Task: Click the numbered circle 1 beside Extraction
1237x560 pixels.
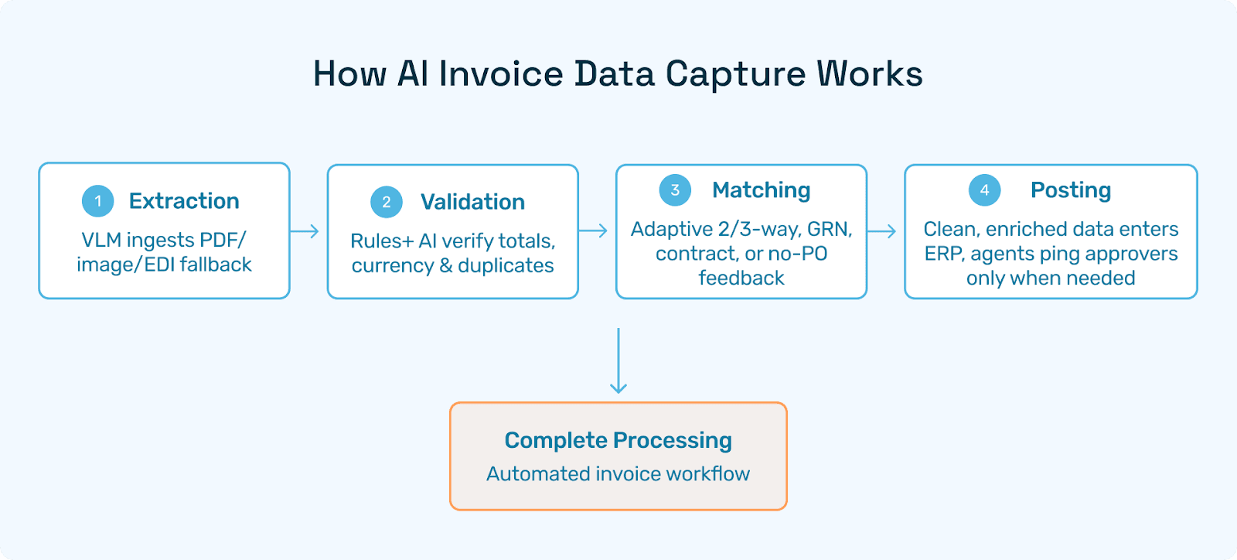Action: pos(98,201)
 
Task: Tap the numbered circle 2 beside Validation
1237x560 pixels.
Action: pos(387,203)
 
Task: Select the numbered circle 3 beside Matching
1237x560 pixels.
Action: pos(675,190)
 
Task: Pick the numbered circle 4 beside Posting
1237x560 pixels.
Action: pos(984,190)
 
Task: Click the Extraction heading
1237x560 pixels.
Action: pos(184,201)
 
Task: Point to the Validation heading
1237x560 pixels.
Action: pos(472,203)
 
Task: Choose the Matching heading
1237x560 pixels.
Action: pos(762,190)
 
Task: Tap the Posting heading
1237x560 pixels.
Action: pos(1071,190)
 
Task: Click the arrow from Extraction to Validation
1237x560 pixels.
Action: pos(305,231)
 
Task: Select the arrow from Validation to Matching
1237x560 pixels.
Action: pos(593,230)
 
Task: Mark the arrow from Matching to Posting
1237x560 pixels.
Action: pos(881,230)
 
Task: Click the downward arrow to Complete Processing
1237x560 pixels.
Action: pos(618,360)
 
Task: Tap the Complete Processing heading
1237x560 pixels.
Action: pos(618,440)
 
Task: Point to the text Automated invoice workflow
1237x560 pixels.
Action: pos(618,474)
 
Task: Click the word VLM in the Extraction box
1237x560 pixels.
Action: pos(101,241)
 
